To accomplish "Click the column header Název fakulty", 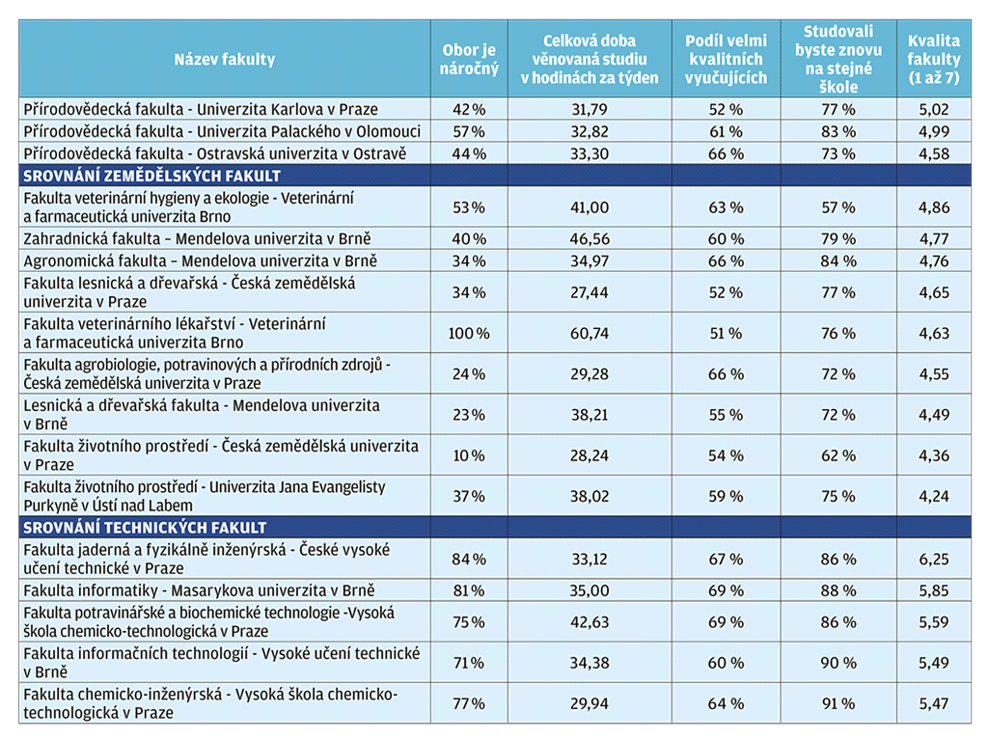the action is point(224,59).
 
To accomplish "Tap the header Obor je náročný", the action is point(469,59).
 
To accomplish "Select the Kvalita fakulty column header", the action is point(933,59).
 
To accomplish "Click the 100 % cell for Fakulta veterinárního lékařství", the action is point(469,333).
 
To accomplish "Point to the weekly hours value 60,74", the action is point(590,333).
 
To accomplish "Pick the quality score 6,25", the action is point(933,559).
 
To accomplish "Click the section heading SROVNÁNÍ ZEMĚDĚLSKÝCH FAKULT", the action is point(151,176).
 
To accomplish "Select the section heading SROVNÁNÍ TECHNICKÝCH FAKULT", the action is point(145,528).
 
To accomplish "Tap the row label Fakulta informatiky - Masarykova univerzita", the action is point(199,590).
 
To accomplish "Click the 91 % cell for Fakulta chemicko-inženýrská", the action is point(838,703).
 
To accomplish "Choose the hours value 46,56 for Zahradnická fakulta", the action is point(590,239).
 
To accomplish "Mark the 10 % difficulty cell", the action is point(469,455).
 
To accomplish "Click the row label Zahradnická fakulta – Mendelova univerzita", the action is point(197,239).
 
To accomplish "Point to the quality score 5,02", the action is point(933,110).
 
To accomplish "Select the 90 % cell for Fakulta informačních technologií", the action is point(838,663).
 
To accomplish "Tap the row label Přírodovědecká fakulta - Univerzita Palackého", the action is point(222,131).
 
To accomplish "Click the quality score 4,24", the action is point(933,497).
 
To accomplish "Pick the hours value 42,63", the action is point(590,622).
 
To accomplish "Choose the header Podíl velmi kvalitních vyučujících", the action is point(726,59).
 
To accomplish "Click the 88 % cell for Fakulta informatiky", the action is point(838,590).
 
